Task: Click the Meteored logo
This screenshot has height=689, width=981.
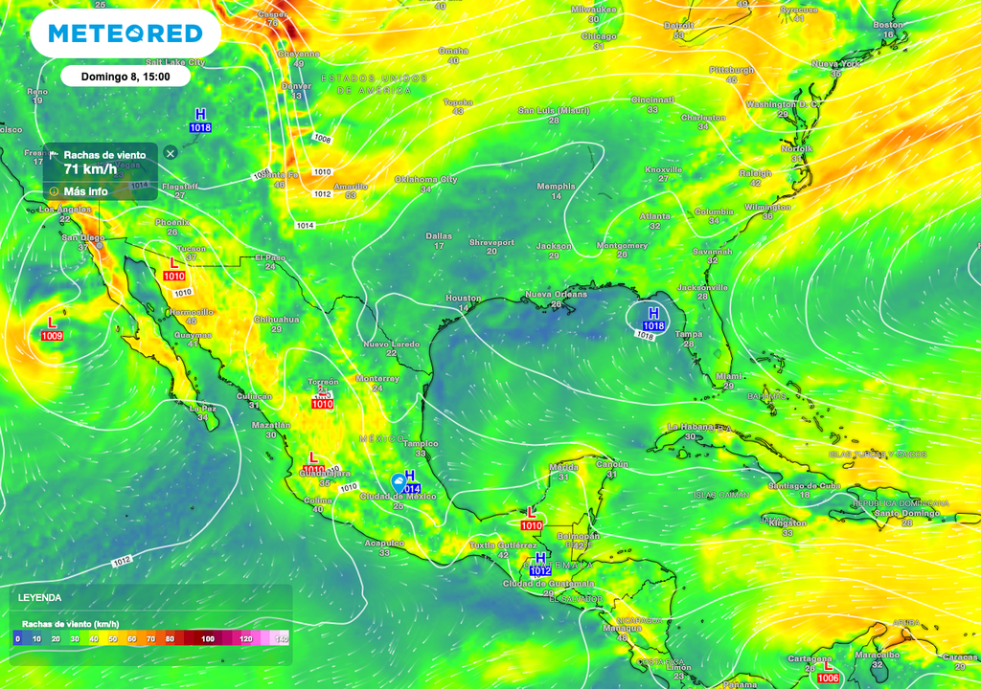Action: (125, 33)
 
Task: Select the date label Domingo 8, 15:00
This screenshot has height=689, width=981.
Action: (125, 76)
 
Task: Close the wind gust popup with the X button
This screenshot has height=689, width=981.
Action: (170, 153)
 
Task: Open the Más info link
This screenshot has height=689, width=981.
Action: (85, 190)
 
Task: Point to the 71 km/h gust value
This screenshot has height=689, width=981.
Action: (90, 169)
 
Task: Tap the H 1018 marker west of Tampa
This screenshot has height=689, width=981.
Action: (653, 320)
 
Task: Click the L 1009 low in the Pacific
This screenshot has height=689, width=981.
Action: (52, 329)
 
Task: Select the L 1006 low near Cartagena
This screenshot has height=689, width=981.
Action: (828, 673)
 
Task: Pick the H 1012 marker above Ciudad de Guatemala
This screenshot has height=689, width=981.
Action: (540, 565)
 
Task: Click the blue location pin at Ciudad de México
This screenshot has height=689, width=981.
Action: (399, 482)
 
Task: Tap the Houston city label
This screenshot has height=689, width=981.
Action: (464, 299)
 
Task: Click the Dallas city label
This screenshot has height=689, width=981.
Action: (439, 235)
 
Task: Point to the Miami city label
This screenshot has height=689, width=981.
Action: (728, 376)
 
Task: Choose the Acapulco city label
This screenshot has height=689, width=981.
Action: (384, 543)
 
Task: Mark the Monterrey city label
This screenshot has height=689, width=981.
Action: (376, 378)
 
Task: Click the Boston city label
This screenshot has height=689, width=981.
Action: (888, 25)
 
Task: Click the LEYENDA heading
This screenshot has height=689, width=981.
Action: (39, 597)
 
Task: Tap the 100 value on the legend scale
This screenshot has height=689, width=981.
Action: (208, 638)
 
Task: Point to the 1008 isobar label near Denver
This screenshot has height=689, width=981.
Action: (323, 140)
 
